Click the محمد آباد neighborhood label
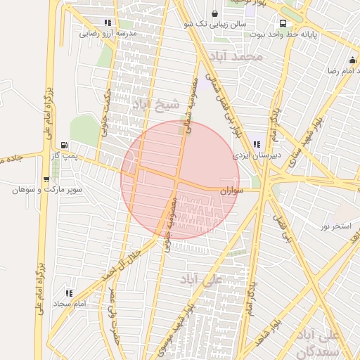click(240, 55)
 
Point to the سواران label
click(231, 190)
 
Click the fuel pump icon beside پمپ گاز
click(65, 144)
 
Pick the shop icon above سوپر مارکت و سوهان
click(46, 179)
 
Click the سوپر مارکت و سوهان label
click(48, 190)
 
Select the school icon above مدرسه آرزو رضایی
click(108, 22)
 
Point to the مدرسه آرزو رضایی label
click(108, 33)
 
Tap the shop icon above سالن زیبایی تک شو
click(214, 13)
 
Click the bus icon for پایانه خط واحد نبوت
click(282, 22)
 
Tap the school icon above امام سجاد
click(69, 292)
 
